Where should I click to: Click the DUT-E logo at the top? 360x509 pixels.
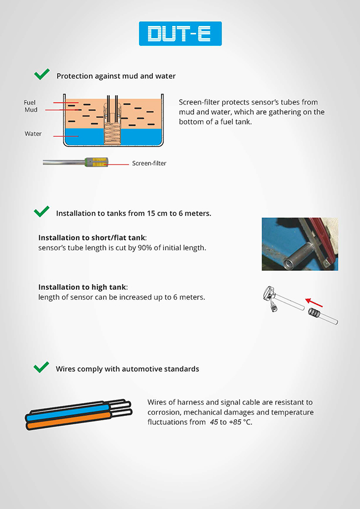(180, 34)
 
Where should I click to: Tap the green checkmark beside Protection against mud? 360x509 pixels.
(42, 75)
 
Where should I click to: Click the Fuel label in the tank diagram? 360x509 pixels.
(30, 102)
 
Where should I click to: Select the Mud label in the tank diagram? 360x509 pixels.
(30, 110)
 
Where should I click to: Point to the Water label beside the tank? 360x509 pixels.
(33, 134)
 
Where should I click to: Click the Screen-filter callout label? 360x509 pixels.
(149, 163)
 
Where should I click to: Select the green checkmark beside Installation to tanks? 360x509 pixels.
(42, 212)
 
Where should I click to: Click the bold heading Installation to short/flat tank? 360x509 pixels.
(92, 238)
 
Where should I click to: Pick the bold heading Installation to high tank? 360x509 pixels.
(83, 287)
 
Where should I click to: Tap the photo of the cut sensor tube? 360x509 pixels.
(300, 244)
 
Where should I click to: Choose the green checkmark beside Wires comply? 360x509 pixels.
(42, 367)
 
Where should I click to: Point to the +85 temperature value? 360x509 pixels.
(237, 422)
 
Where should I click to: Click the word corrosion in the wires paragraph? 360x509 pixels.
(165, 412)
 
